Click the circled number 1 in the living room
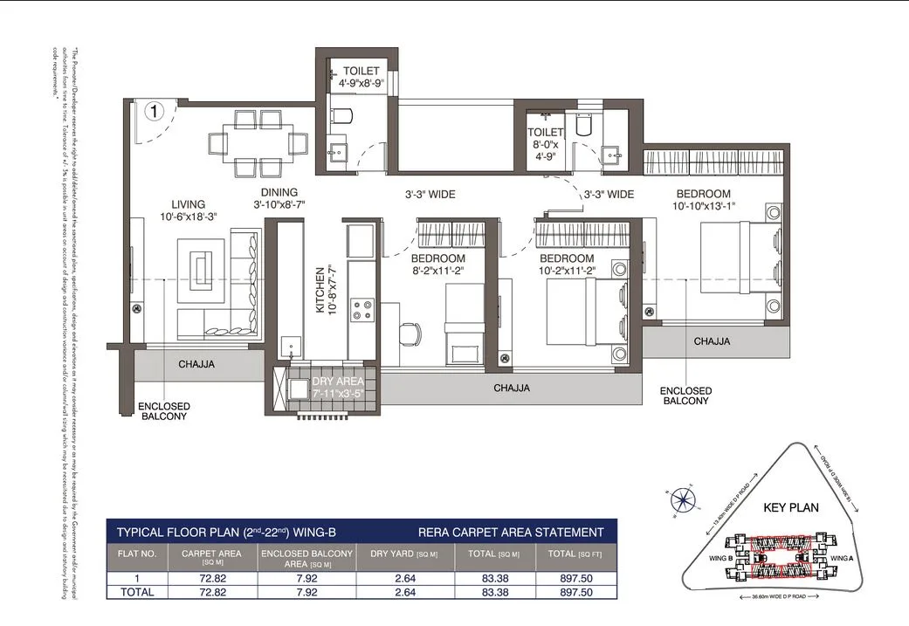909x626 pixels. click(x=154, y=111)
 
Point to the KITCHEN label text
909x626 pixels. click(x=320, y=290)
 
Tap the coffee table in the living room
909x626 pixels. click(x=202, y=265)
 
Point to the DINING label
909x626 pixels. click(x=279, y=192)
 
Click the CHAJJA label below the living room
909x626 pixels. click(x=196, y=363)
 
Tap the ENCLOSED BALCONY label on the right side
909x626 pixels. click(x=685, y=396)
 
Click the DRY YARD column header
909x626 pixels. click(x=399, y=554)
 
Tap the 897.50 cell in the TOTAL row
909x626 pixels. click(x=575, y=592)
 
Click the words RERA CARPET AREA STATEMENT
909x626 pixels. click(x=511, y=532)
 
